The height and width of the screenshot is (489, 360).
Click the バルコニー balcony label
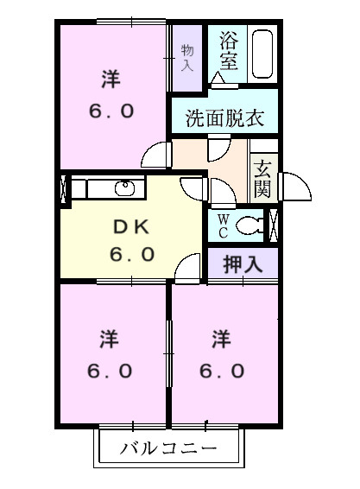click(x=167, y=449)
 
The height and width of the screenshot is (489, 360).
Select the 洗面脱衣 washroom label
click(x=224, y=118)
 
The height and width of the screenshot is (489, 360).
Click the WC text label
click(x=222, y=225)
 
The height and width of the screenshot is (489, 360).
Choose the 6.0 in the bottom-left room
click(x=110, y=372)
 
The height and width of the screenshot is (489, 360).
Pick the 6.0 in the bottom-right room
click(x=223, y=372)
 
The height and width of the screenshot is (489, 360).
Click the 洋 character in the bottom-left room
click(x=110, y=337)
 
